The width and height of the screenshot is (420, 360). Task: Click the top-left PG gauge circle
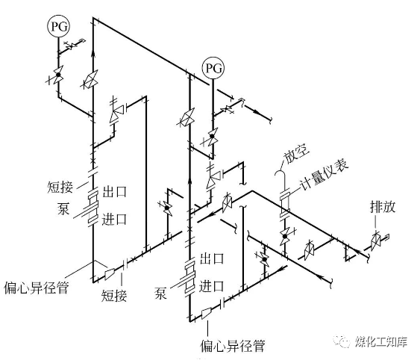click(59, 26)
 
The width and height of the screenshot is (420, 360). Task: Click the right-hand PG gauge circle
click(213, 68)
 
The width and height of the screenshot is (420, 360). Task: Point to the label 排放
click(383, 207)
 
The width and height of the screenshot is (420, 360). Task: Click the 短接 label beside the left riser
click(60, 187)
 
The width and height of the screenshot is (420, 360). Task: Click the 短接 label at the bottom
click(114, 296)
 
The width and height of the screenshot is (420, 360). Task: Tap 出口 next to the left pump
click(114, 191)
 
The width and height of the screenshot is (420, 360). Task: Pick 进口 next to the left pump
click(114, 219)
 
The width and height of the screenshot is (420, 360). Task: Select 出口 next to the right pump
click(212, 258)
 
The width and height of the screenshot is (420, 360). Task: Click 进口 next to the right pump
click(212, 286)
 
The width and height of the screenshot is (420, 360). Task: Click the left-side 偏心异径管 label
click(37, 288)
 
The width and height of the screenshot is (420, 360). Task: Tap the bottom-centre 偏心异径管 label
click(233, 346)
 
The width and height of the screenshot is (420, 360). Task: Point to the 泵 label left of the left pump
click(63, 208)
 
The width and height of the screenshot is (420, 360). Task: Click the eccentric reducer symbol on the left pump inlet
click(110, 274)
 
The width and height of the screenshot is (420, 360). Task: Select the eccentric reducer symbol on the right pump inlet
click(207, 313)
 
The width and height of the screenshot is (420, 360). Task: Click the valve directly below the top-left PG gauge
click(58, 75)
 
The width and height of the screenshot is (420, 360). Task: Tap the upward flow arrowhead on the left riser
click(93, 53)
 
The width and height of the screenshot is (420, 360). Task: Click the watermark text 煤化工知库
click(381, 341)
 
